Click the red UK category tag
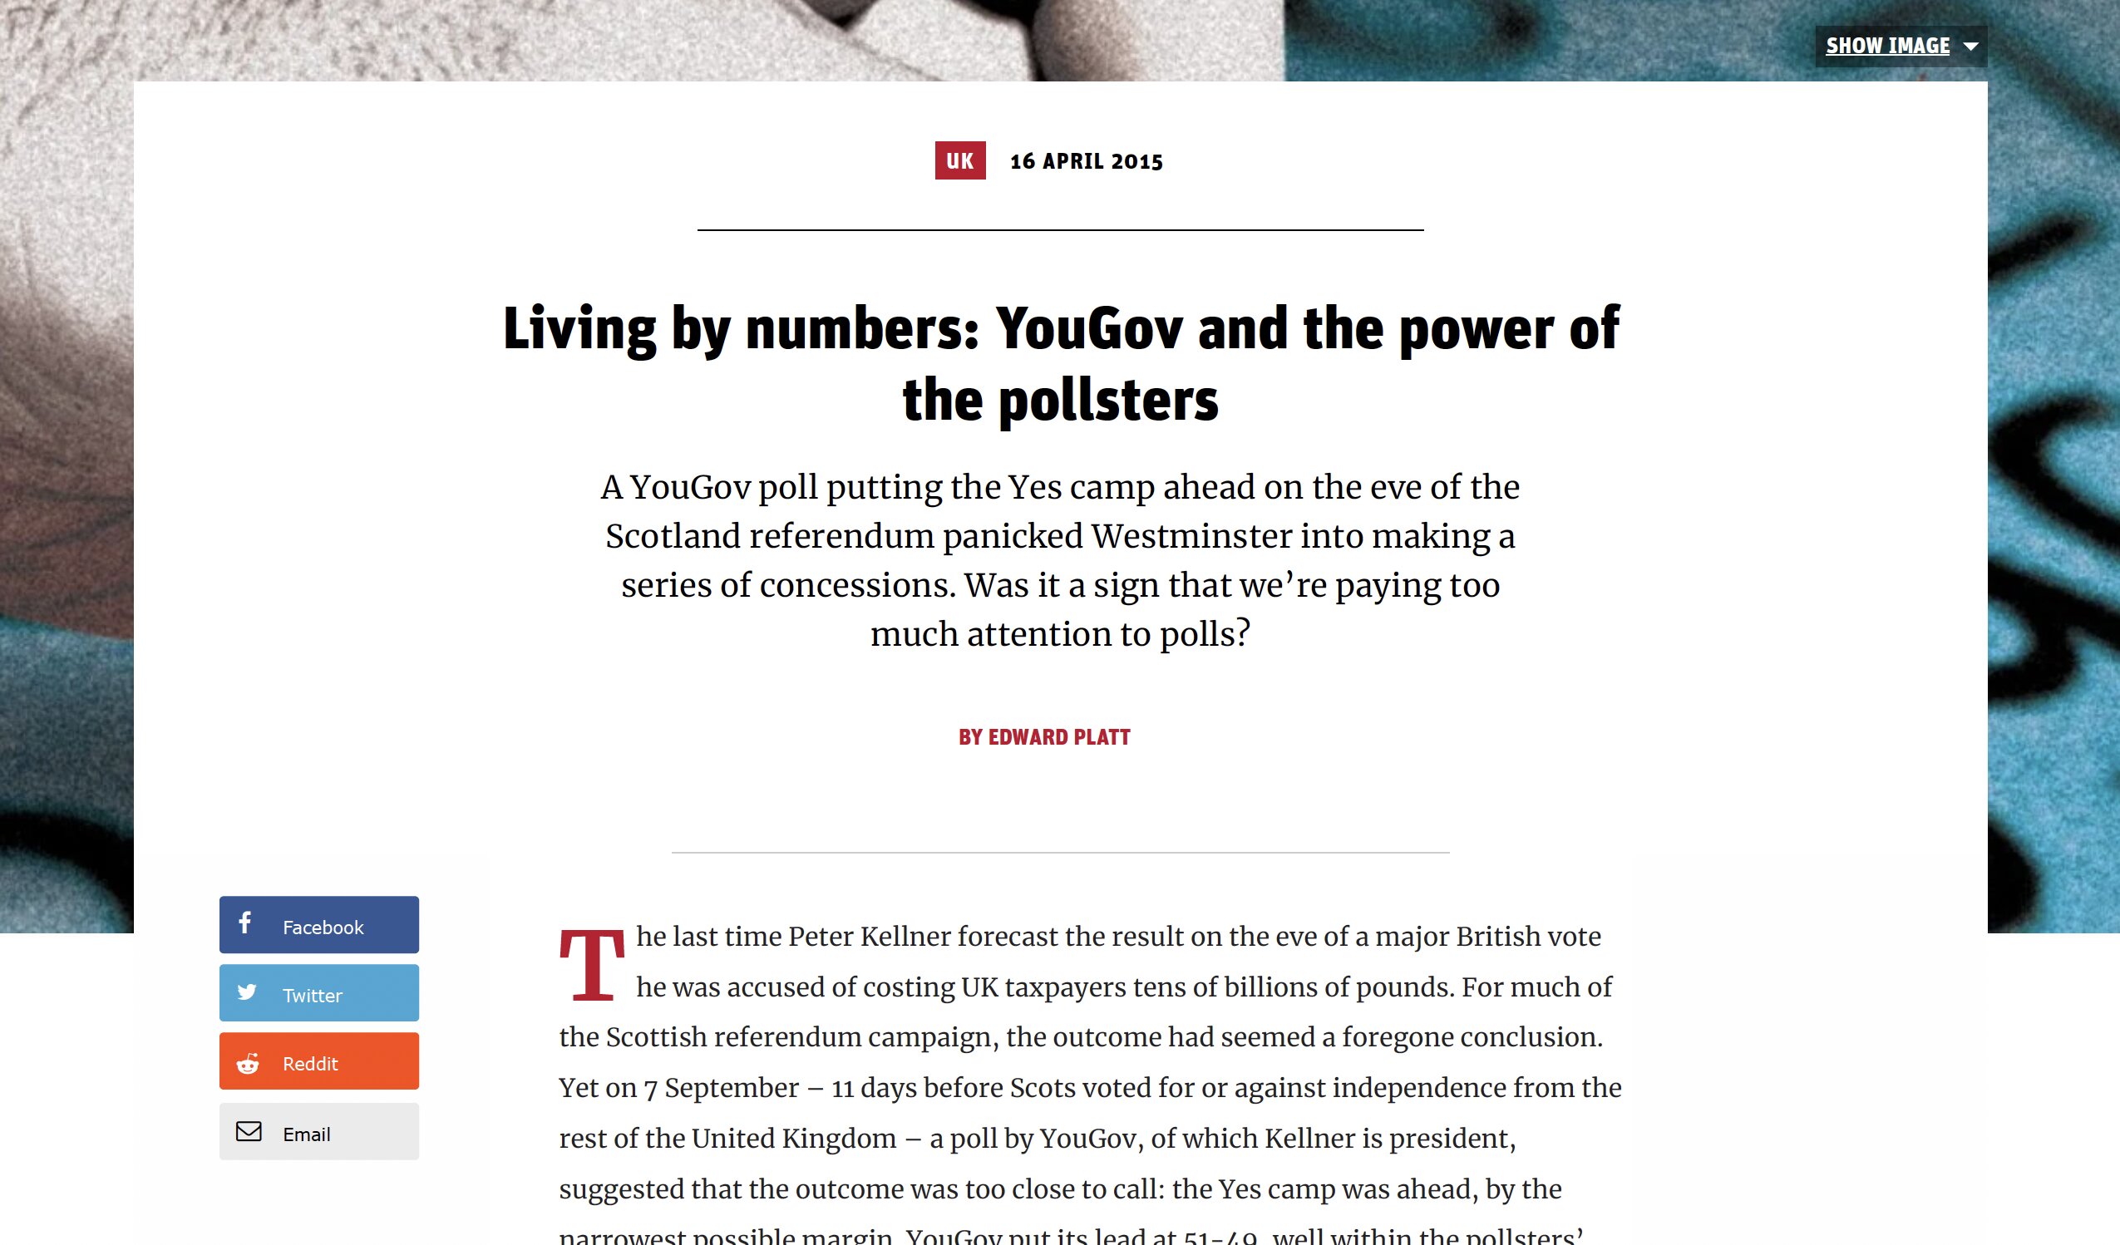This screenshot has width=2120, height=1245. tap(960, 160)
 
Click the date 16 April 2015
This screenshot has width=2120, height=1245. tap(1086, 161)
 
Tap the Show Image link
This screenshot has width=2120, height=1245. tap(1887, 47)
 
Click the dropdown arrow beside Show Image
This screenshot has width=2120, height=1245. tap(1970, 47)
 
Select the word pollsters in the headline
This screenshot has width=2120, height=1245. tap(1108, 401)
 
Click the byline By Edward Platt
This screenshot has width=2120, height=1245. tap(1044, 737)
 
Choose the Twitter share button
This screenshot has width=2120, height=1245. tap(319, 992)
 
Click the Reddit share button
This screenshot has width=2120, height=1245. tap(319, 1060)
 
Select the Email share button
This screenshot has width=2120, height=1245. tap(319, 1131)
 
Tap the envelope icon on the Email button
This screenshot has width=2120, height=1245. tap(249, 1131)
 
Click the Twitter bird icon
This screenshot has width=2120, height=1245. tap(246, 992)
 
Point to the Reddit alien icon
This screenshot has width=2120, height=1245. tap(248, 1064)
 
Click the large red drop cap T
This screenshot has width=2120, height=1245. tap(592, 965)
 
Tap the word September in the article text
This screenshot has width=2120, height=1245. tap(731, 1088)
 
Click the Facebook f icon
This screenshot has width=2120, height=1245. tap(244, 923)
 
